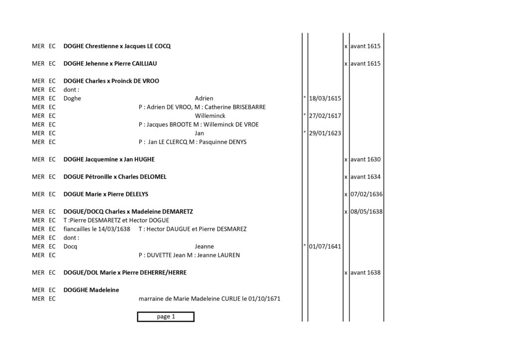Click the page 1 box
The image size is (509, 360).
point(166,317)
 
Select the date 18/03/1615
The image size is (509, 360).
point(325,98)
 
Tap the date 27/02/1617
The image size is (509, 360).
point(325,116)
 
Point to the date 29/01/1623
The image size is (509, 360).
point(325,133)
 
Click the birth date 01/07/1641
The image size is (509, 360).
point(325,247)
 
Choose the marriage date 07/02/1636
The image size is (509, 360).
point(366,194)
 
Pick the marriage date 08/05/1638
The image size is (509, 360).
point(366,212)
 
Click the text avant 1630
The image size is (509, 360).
point(365,160)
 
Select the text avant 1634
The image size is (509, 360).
point(365,177)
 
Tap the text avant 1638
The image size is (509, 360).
point(365,272)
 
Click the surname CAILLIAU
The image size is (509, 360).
point(145,64)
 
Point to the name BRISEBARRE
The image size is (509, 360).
point(250,107)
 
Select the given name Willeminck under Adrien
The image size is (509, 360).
point(210,116)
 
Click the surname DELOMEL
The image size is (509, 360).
point(153,177)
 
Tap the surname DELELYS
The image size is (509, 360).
point(136,194)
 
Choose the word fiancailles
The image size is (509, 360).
point(77,229)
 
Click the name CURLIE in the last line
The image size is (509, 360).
point(231,299)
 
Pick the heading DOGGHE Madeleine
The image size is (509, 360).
point(91,290)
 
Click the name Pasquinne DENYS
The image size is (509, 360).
point(223,142)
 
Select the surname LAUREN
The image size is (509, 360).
point(229,255)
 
